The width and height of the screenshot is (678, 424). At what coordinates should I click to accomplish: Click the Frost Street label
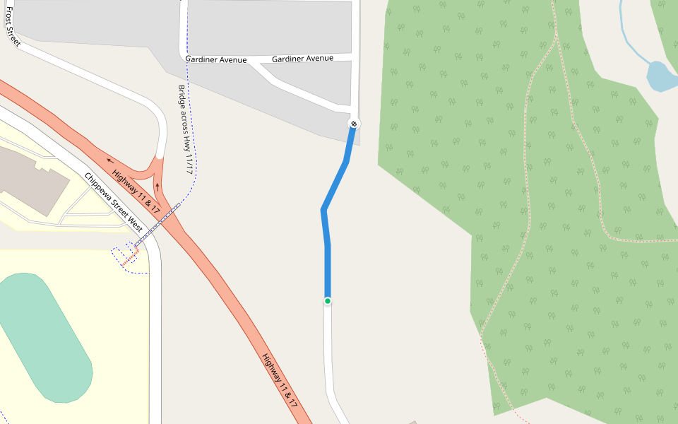[13, 31]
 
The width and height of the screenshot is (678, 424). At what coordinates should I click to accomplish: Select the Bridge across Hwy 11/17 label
[185, 130]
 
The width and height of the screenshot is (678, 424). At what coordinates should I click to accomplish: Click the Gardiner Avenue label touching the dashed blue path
[216, 60]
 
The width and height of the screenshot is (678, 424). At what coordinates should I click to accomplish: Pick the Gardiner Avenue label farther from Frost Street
[302, 59]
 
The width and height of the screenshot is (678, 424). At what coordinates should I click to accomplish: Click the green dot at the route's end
[328, 301]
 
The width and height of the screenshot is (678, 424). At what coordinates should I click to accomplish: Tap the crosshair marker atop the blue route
[354, 124]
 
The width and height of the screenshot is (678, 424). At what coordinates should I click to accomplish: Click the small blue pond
[660, 76]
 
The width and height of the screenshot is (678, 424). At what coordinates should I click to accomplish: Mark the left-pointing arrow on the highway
[109, 160]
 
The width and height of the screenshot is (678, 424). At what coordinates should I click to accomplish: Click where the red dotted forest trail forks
[556, 39]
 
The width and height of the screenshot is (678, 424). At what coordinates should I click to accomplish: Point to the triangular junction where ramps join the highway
[151, 173]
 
